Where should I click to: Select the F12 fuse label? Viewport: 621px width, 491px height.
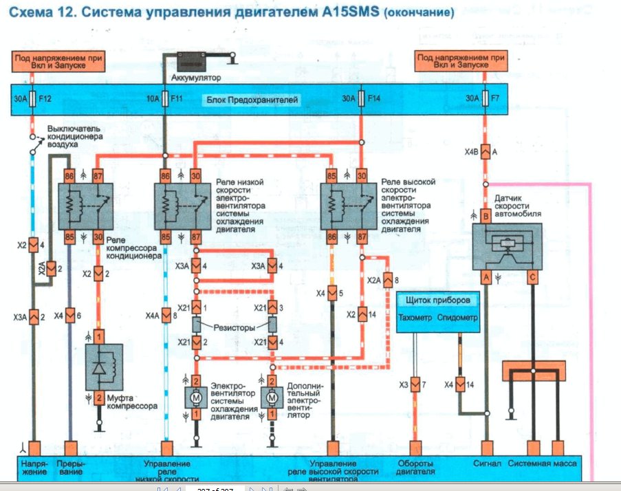click(x=46, y=99)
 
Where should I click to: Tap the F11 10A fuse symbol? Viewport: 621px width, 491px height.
click(x=165, y=99)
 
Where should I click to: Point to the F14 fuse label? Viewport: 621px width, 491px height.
click(x=373, y=99)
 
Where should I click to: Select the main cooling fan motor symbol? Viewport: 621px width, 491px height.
click(x=195, y=398)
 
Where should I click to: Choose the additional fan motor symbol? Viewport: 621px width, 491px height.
click(x=272, y=398)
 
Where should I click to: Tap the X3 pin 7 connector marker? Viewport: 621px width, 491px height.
click(x=415, y=384)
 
